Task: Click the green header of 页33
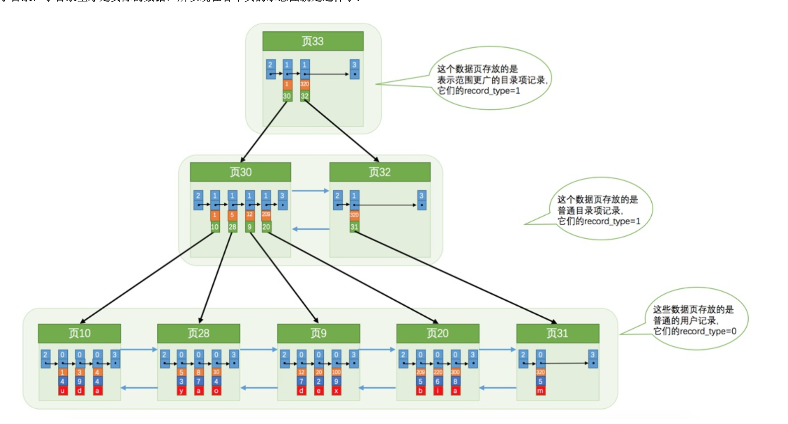point(313,41)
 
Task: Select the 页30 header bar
point(240,172)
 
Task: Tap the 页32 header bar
point(380,172)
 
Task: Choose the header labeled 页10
point(79,333)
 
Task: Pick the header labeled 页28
point(198,333)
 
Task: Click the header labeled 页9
point(318,333)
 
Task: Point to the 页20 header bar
point(437,333)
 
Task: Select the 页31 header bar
point(557,333)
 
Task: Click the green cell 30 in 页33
point(287,96)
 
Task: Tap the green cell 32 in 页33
point(305,96)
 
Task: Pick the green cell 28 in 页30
point(233,227)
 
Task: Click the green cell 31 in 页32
point(354,227)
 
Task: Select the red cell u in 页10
point(62,391)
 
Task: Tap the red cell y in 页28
point(181,391)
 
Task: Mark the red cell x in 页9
point(336,391)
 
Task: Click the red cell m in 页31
point(540,391)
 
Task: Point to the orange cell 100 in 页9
point(336,372)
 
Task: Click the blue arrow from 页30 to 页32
point(310,191)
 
